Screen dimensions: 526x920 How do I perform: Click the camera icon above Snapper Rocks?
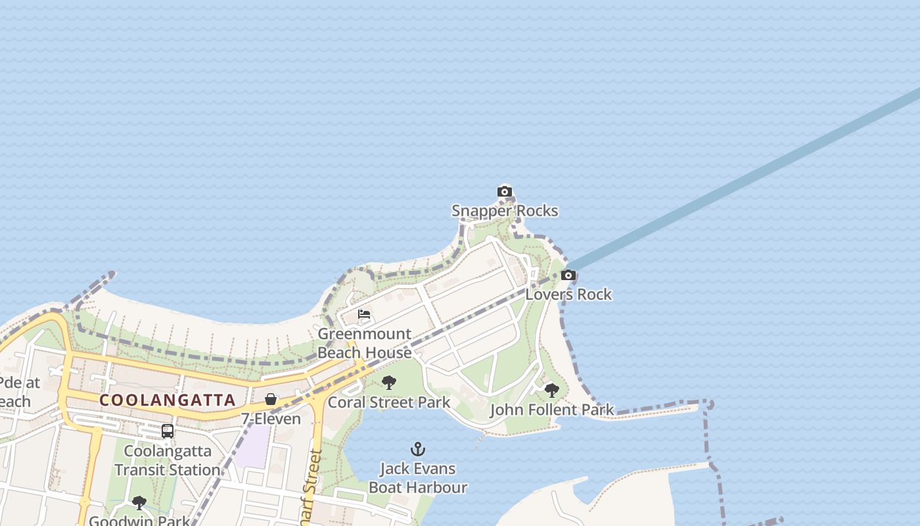point(504,192)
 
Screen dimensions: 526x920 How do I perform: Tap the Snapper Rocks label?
point(505,210)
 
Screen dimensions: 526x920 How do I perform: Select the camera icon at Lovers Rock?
point(568,275)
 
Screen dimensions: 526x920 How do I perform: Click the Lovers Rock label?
point(568,294)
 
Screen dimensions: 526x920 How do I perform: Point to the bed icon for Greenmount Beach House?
point(364,314)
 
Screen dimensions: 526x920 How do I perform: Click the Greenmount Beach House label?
point(365,343)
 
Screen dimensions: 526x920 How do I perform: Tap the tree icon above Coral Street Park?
point(389,383)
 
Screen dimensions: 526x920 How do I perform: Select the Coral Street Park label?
point(389,402)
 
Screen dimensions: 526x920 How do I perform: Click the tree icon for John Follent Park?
point(552,391)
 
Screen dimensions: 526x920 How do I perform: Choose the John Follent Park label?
point(552,410)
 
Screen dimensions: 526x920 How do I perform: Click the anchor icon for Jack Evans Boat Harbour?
point(418,450)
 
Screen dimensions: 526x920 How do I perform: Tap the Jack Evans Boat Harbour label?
point(418,478)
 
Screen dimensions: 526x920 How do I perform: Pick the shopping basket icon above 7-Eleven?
point(270,399)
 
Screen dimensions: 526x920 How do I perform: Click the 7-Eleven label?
point(271,418)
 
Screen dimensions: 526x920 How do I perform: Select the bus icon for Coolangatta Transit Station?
point(168,431)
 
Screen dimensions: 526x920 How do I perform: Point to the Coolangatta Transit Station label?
point(168,460)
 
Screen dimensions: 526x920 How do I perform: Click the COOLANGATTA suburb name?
point(168,400)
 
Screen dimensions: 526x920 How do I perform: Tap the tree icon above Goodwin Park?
point(139,504)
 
